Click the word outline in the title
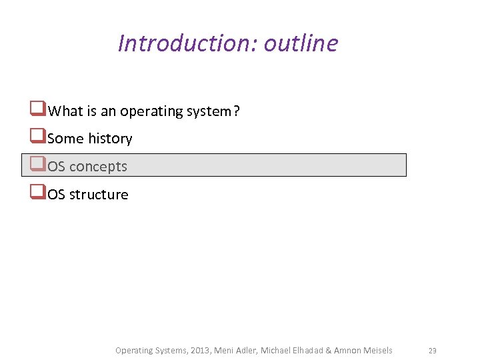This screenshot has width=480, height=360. pyautogui.click(x=301, y=43)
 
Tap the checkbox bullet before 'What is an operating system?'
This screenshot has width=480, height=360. pyautogui.click(x=37, y=110)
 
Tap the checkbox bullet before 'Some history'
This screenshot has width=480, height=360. pyautogui.click(x=37, y=138)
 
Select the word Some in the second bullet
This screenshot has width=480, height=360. pyautogui.click(x=66, y=139)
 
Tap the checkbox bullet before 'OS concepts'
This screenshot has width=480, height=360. pyautogui.click(x=37, y=165)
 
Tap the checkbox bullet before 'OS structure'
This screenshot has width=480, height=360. pyautogui.click(x=37, y=193)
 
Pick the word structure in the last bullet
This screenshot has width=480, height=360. pyautogui.click(x=99, y=195)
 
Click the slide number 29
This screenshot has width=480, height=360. pyautogui.click(x=432, y=351)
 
